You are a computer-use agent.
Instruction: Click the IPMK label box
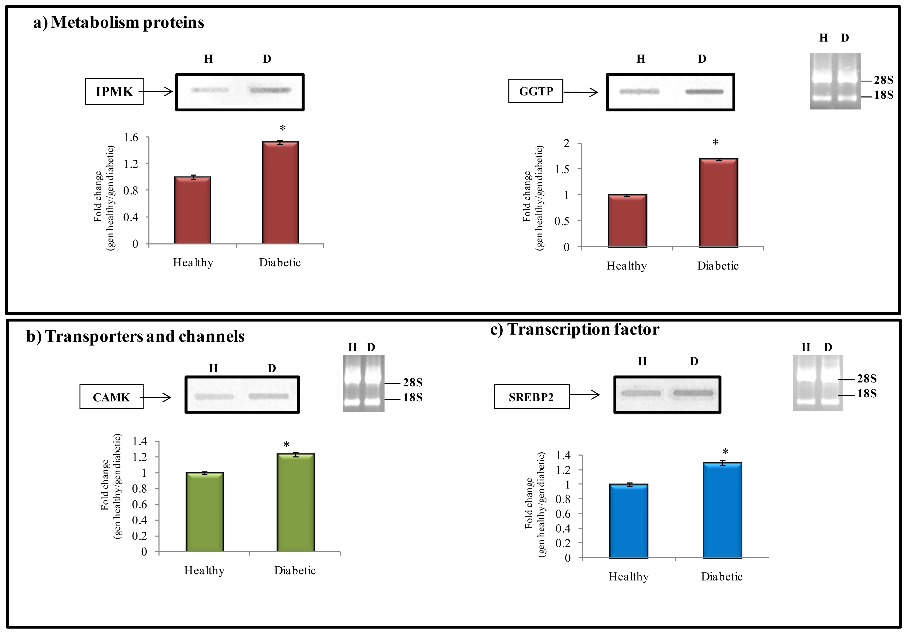pos(114,91)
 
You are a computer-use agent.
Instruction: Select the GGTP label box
pos(535,91)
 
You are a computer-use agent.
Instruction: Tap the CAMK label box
pos(111,397)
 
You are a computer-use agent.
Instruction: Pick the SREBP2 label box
pos(531,397)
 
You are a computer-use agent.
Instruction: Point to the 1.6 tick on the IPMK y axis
pos(131,137)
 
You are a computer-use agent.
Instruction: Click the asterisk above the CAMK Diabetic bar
pos(286,445)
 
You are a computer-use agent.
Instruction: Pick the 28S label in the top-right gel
pos(883,80)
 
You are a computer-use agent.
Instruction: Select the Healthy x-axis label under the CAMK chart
pos(204,570)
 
